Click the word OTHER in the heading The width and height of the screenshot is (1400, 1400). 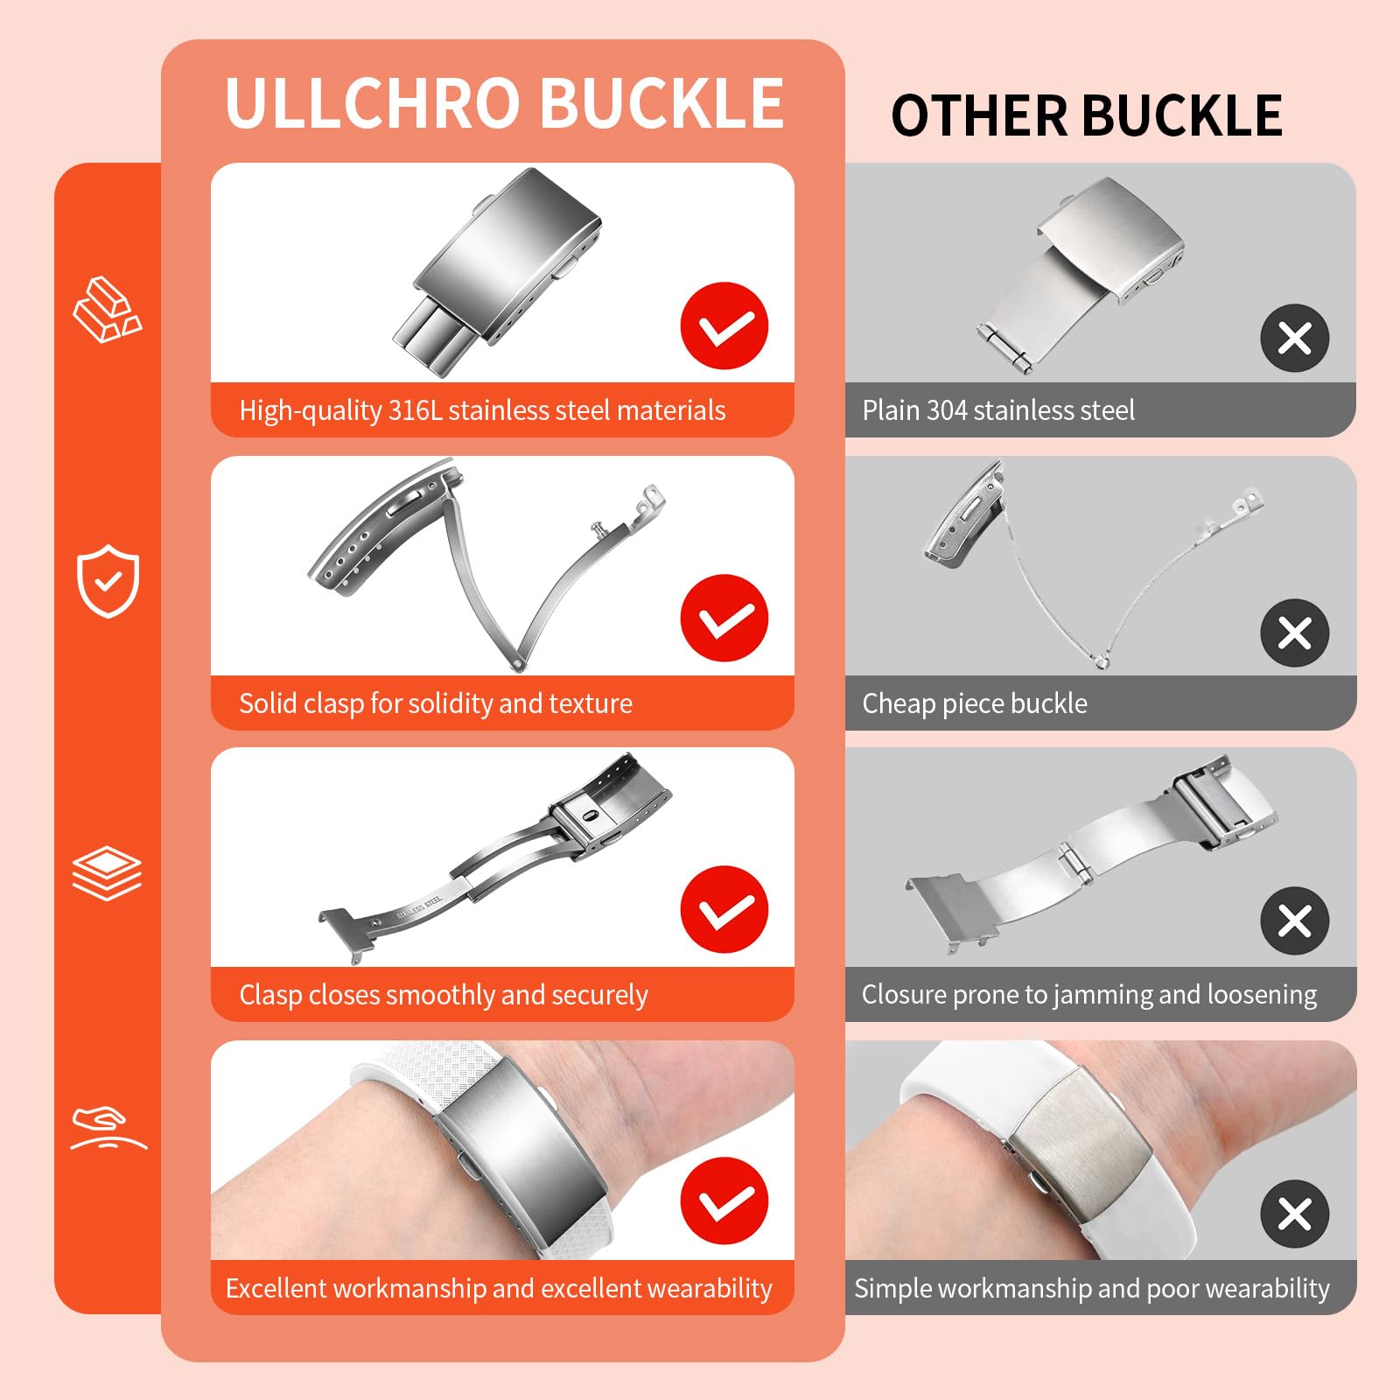click(979, 115)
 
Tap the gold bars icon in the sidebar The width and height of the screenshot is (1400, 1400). click(107, 310)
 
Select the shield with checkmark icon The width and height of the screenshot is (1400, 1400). click(108, 581)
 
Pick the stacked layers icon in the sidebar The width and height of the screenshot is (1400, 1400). click(107, 872)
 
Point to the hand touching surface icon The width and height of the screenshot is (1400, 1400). click(108, 1130)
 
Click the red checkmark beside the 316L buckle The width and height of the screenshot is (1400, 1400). click(724, 325)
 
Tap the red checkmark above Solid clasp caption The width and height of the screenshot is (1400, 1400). click(724, 618)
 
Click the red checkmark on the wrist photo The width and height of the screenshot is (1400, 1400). click(724, 1201)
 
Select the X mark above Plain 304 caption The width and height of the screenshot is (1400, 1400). click(1295, 338)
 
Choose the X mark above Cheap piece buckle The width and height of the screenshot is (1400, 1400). click(1295, 633)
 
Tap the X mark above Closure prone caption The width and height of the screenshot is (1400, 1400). click(1295, 920)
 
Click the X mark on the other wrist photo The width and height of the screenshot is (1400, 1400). click(1295, 1214)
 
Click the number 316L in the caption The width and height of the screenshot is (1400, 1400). click(416, 410)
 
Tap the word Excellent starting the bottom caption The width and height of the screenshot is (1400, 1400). click(276, 1288)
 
